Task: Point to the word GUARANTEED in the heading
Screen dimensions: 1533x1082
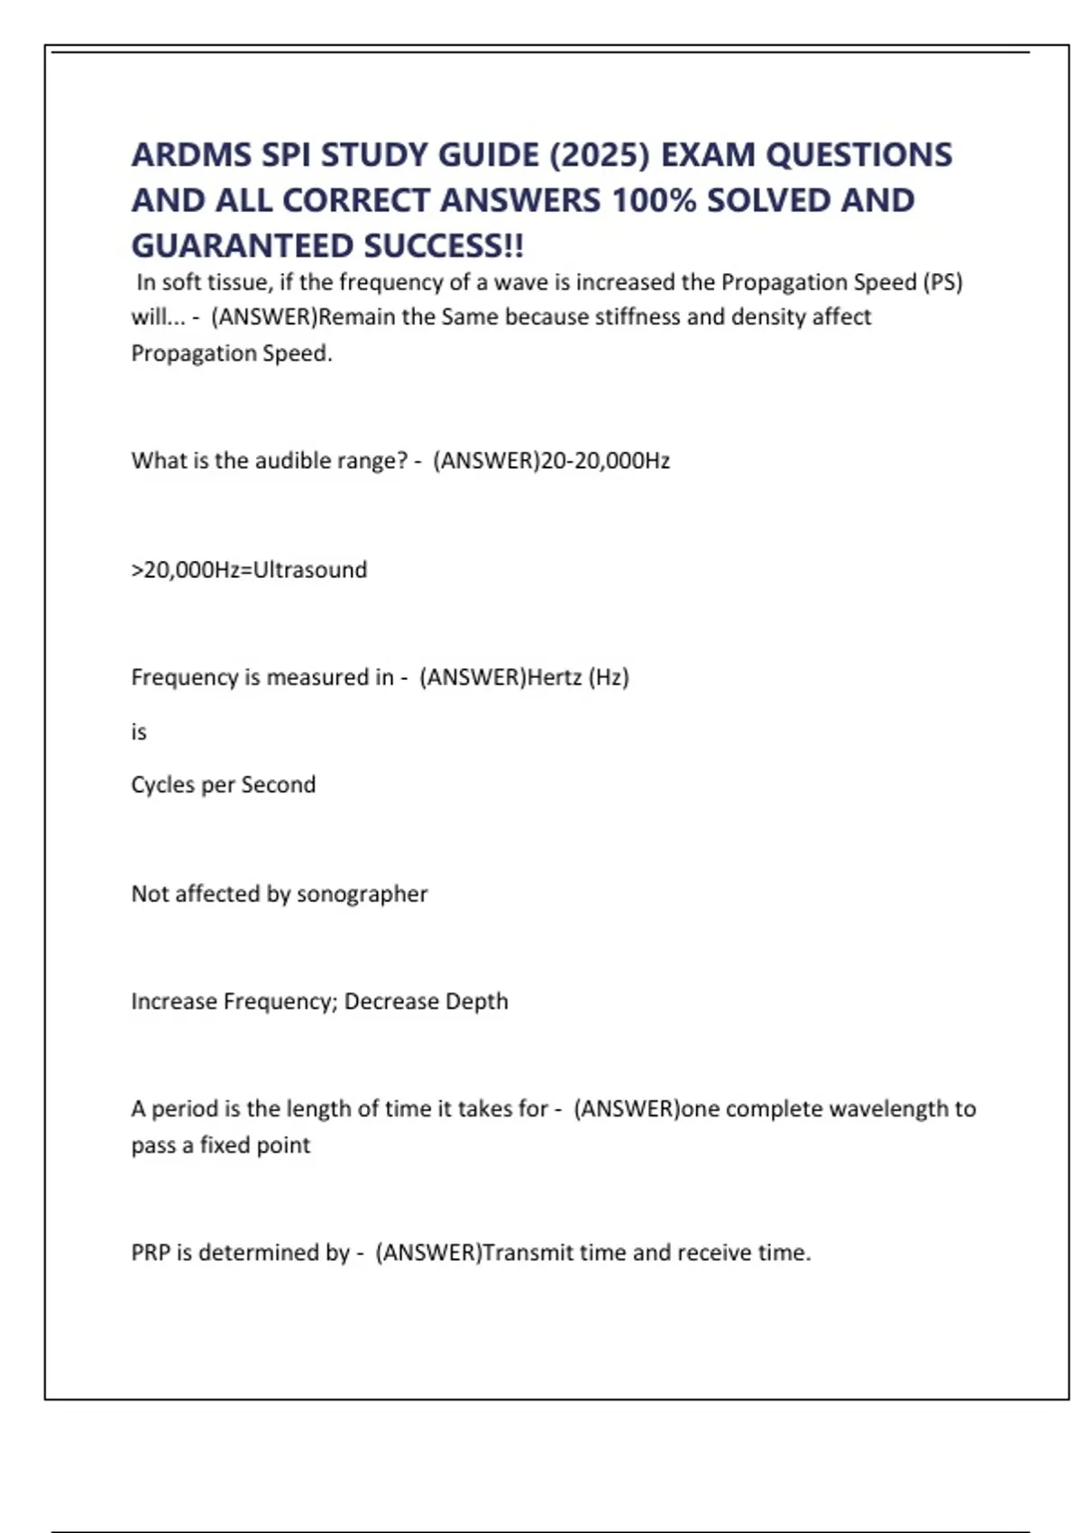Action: [242, 245]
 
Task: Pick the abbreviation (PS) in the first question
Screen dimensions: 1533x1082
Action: [942, 282]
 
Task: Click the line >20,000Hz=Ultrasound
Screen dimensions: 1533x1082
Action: [249, 570]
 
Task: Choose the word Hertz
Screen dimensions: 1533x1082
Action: [554, 677]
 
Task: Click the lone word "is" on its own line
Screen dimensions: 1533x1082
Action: [139, 731]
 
